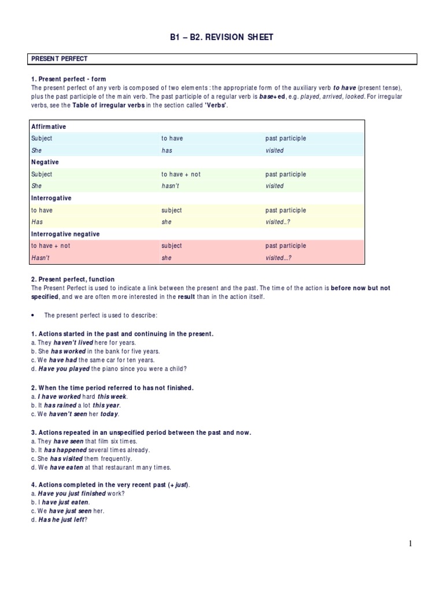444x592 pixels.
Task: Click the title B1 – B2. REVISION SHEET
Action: pos(222,38)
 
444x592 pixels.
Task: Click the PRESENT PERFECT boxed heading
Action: pos(59,59)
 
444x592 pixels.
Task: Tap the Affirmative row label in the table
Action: pos(49,127)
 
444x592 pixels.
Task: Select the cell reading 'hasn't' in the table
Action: pos(171,186)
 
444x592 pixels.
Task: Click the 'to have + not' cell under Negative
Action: pos(181,174)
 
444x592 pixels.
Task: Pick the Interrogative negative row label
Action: pos(65,234)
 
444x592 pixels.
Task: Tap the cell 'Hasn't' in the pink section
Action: pos(40,258)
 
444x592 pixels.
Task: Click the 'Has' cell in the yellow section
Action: pos(37,222)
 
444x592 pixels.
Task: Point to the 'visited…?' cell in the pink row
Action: pos(279,258)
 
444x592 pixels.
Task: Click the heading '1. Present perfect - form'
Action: pos(68,79)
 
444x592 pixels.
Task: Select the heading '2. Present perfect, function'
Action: pos(73,279)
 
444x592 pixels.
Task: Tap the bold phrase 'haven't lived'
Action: pos(73,343)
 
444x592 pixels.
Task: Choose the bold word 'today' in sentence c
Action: pos(110,414)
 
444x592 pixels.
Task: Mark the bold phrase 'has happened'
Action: pos(69,450)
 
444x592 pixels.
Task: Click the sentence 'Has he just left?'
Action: pos(62,520)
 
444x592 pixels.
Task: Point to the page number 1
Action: pos(410,543)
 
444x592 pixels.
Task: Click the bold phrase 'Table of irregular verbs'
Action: pos(108,106)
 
